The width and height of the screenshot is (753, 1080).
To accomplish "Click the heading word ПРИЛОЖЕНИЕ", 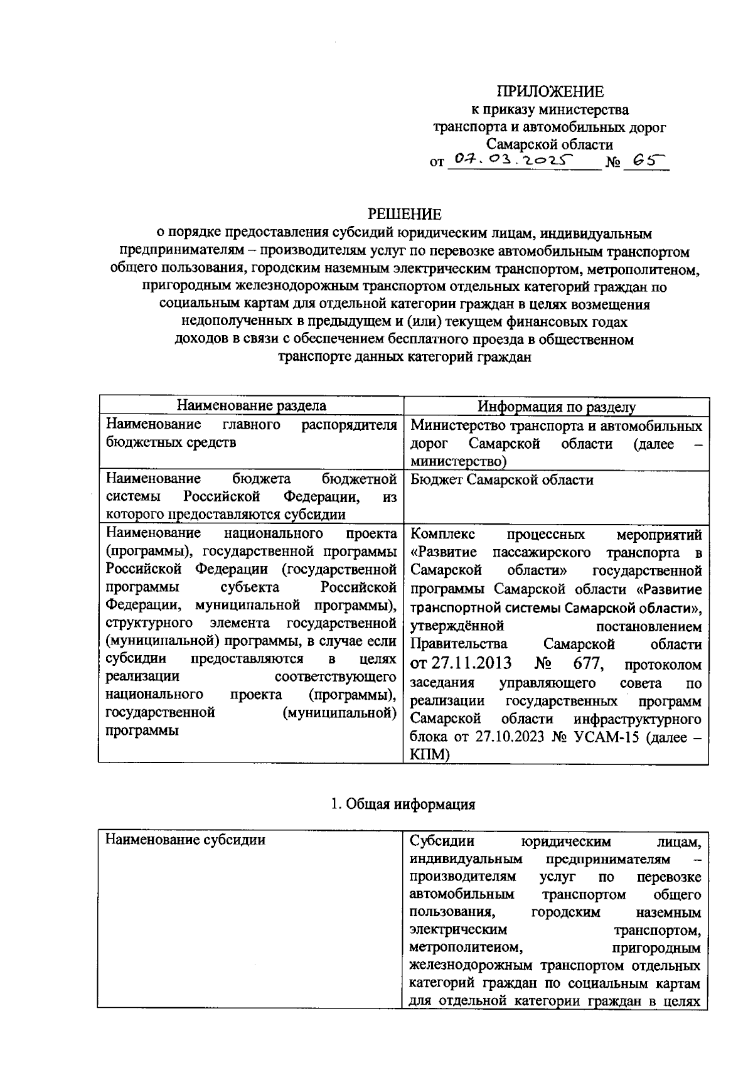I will (x=550, y=92).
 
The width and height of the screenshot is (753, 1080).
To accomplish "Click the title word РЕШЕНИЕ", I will (x=404, y=214).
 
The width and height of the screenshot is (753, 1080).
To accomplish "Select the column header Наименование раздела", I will (x=251, y=406).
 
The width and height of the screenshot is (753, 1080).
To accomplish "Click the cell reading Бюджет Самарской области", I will (x=502, y=480).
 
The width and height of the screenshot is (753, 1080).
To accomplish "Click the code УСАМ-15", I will (x=604, y=737).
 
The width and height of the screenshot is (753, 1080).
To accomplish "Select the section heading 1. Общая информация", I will (x=403, y=805).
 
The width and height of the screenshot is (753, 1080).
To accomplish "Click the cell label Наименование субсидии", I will (x=185, y=840).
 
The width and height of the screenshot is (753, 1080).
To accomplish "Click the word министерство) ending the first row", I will (x=459, y=462).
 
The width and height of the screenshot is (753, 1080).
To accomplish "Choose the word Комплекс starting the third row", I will (x=442, y=534).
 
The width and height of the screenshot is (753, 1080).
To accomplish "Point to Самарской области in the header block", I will (x=550, y=145).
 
